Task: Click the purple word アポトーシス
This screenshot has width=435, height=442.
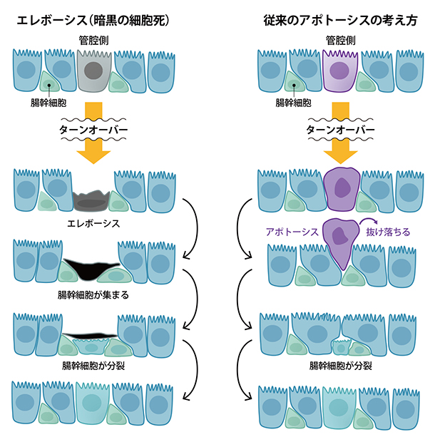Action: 291,231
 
